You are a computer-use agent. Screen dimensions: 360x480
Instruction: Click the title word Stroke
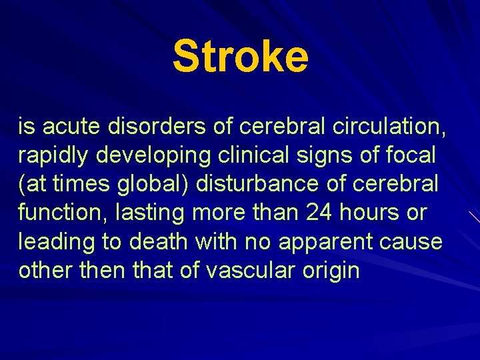coord(240,56)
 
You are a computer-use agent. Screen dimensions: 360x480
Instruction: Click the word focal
coord(411,155)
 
